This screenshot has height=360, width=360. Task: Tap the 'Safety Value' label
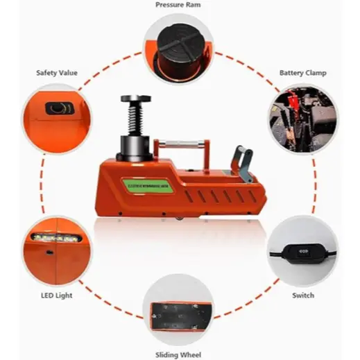[x=57, y=72]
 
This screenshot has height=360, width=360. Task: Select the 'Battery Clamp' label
[x=302, y=72]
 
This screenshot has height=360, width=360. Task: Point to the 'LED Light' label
[x=57, y=295]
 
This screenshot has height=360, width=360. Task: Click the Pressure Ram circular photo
[x=179, y=48]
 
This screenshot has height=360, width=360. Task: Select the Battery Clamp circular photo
[x=302, y=114]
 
